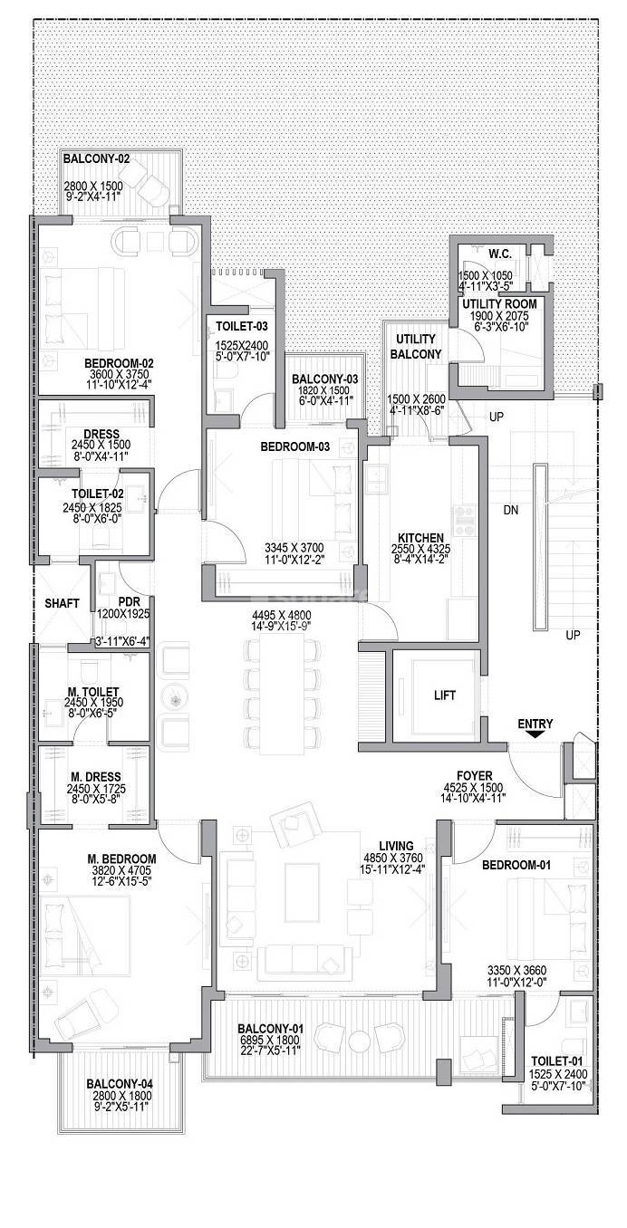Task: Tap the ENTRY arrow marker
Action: (535, 735)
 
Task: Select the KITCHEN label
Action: (418, 538)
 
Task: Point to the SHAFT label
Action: (63, 603)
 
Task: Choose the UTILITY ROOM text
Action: (500, 303)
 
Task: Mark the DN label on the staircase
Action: (511, 511)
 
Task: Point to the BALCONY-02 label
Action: (96, 158)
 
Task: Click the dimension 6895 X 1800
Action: (270, 1041)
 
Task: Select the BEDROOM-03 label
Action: (294, 446)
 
